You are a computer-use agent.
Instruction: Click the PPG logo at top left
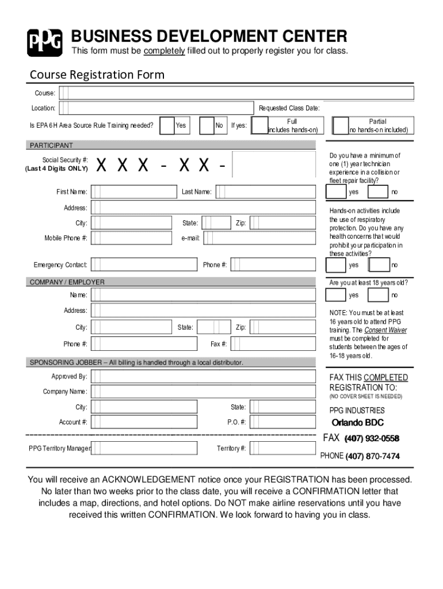(x=44, y=42)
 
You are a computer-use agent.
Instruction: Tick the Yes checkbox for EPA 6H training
(x=167, y=125)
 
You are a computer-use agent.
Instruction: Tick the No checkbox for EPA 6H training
(x=207, y=125)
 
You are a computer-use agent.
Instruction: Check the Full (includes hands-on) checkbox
(x=259, y=125)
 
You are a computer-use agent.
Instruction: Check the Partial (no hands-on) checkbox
(x=341, y=125)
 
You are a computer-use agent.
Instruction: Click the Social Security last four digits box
(x=273, y=165)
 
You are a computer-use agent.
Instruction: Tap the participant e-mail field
(x=260, y=238)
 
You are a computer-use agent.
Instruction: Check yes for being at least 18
(x=335, y=295)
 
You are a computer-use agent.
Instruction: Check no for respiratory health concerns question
(x=378, y=265)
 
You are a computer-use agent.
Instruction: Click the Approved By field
(x=204, y=376)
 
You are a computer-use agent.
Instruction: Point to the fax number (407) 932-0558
(x=372, y=439)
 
